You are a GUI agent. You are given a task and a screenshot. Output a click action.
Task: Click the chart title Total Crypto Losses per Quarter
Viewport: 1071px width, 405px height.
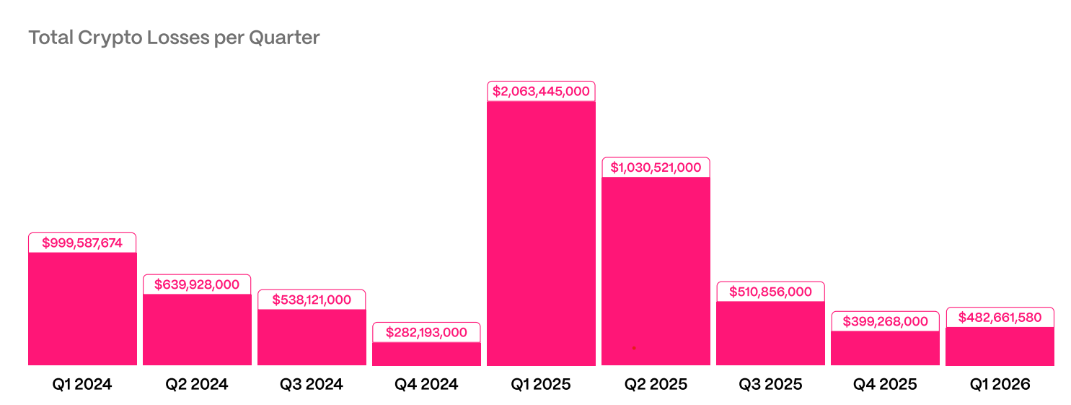pos(174,38)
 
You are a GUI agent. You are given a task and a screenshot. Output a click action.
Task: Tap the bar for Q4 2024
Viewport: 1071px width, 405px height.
pos(426,354)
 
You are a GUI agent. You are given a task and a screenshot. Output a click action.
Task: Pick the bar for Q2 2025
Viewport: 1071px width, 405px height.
pos(656,271)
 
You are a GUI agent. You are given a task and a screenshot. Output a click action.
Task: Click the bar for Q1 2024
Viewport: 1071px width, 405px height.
pos(82,308)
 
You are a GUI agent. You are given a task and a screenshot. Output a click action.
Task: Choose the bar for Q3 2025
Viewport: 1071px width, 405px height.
pos(770,333)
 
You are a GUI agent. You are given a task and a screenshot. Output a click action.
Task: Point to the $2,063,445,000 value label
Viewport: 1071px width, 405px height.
pos(541,92)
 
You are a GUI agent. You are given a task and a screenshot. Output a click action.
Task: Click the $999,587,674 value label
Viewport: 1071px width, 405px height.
pos(82,243)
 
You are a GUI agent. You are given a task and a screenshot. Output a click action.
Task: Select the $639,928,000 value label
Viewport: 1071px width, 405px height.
pos(197,284)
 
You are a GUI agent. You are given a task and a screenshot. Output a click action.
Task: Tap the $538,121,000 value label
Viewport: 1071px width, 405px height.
pos(312,300)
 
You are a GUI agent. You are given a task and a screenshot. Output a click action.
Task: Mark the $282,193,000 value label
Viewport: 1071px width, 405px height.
pos(426,333)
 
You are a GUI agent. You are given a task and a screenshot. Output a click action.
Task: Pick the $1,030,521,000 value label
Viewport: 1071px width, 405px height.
pos(656,167)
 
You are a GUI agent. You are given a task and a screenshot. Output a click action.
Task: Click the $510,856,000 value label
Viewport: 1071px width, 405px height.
pos(770,292)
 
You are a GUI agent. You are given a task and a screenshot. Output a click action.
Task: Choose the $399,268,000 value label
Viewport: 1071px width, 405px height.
pos(885,321)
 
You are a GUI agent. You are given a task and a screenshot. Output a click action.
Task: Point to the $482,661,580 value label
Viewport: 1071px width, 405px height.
pos(1000,318)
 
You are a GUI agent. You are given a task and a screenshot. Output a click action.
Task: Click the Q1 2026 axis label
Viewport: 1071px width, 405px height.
pos(1000,384)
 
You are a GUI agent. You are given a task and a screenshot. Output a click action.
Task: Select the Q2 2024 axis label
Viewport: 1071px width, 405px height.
pos(197,384)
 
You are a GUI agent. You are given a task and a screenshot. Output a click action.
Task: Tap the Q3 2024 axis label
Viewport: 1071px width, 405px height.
pos(312,384)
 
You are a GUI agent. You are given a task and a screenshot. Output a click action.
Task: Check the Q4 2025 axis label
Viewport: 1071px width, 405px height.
pos(885,384)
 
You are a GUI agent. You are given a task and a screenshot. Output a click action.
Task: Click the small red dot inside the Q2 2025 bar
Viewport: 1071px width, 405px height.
pos(634,348)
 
